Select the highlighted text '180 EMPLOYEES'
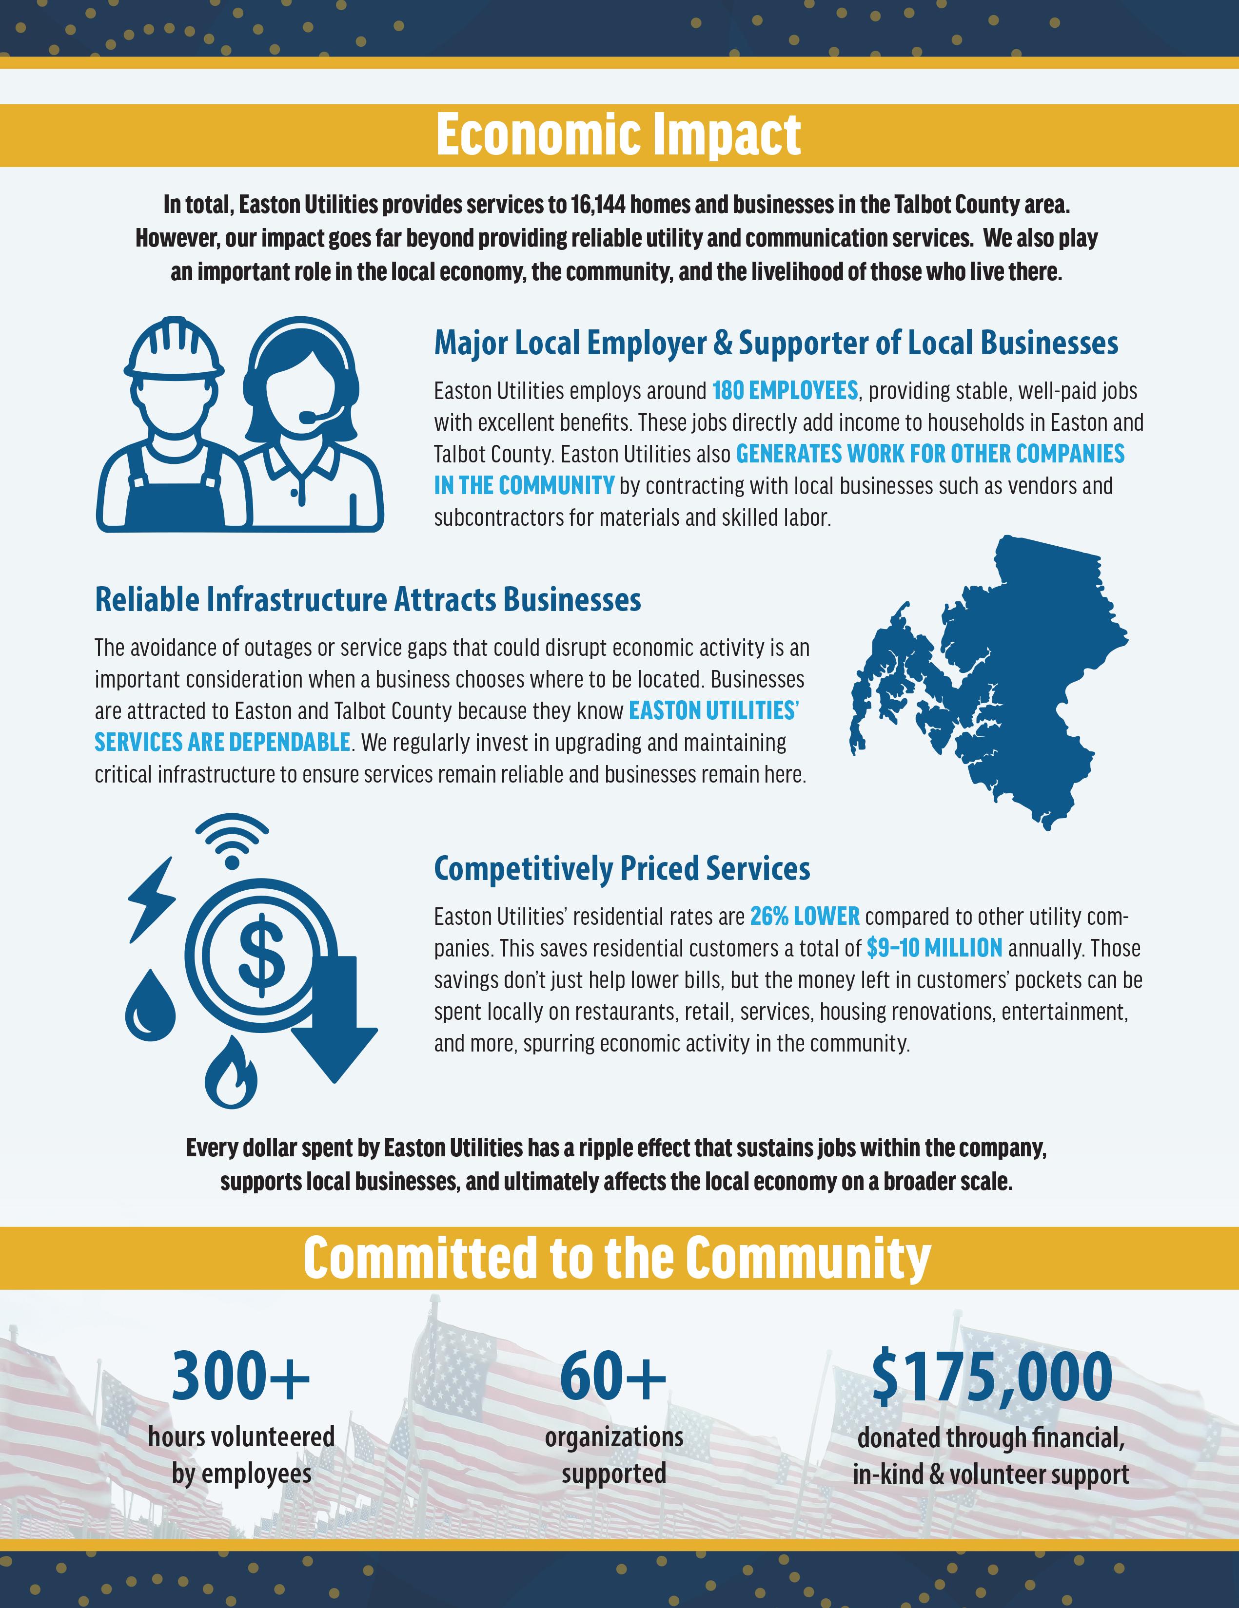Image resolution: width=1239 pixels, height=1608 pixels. point(785,390)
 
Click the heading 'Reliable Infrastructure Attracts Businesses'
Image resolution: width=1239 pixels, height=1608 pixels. point(368,599)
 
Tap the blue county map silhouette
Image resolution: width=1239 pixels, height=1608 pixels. point(1009,685)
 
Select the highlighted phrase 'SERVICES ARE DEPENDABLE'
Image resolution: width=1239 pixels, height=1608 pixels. point(222,742)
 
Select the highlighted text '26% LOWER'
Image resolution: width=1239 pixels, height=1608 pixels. point(805,917)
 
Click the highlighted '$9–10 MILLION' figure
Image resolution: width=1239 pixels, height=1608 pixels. point(934,948)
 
